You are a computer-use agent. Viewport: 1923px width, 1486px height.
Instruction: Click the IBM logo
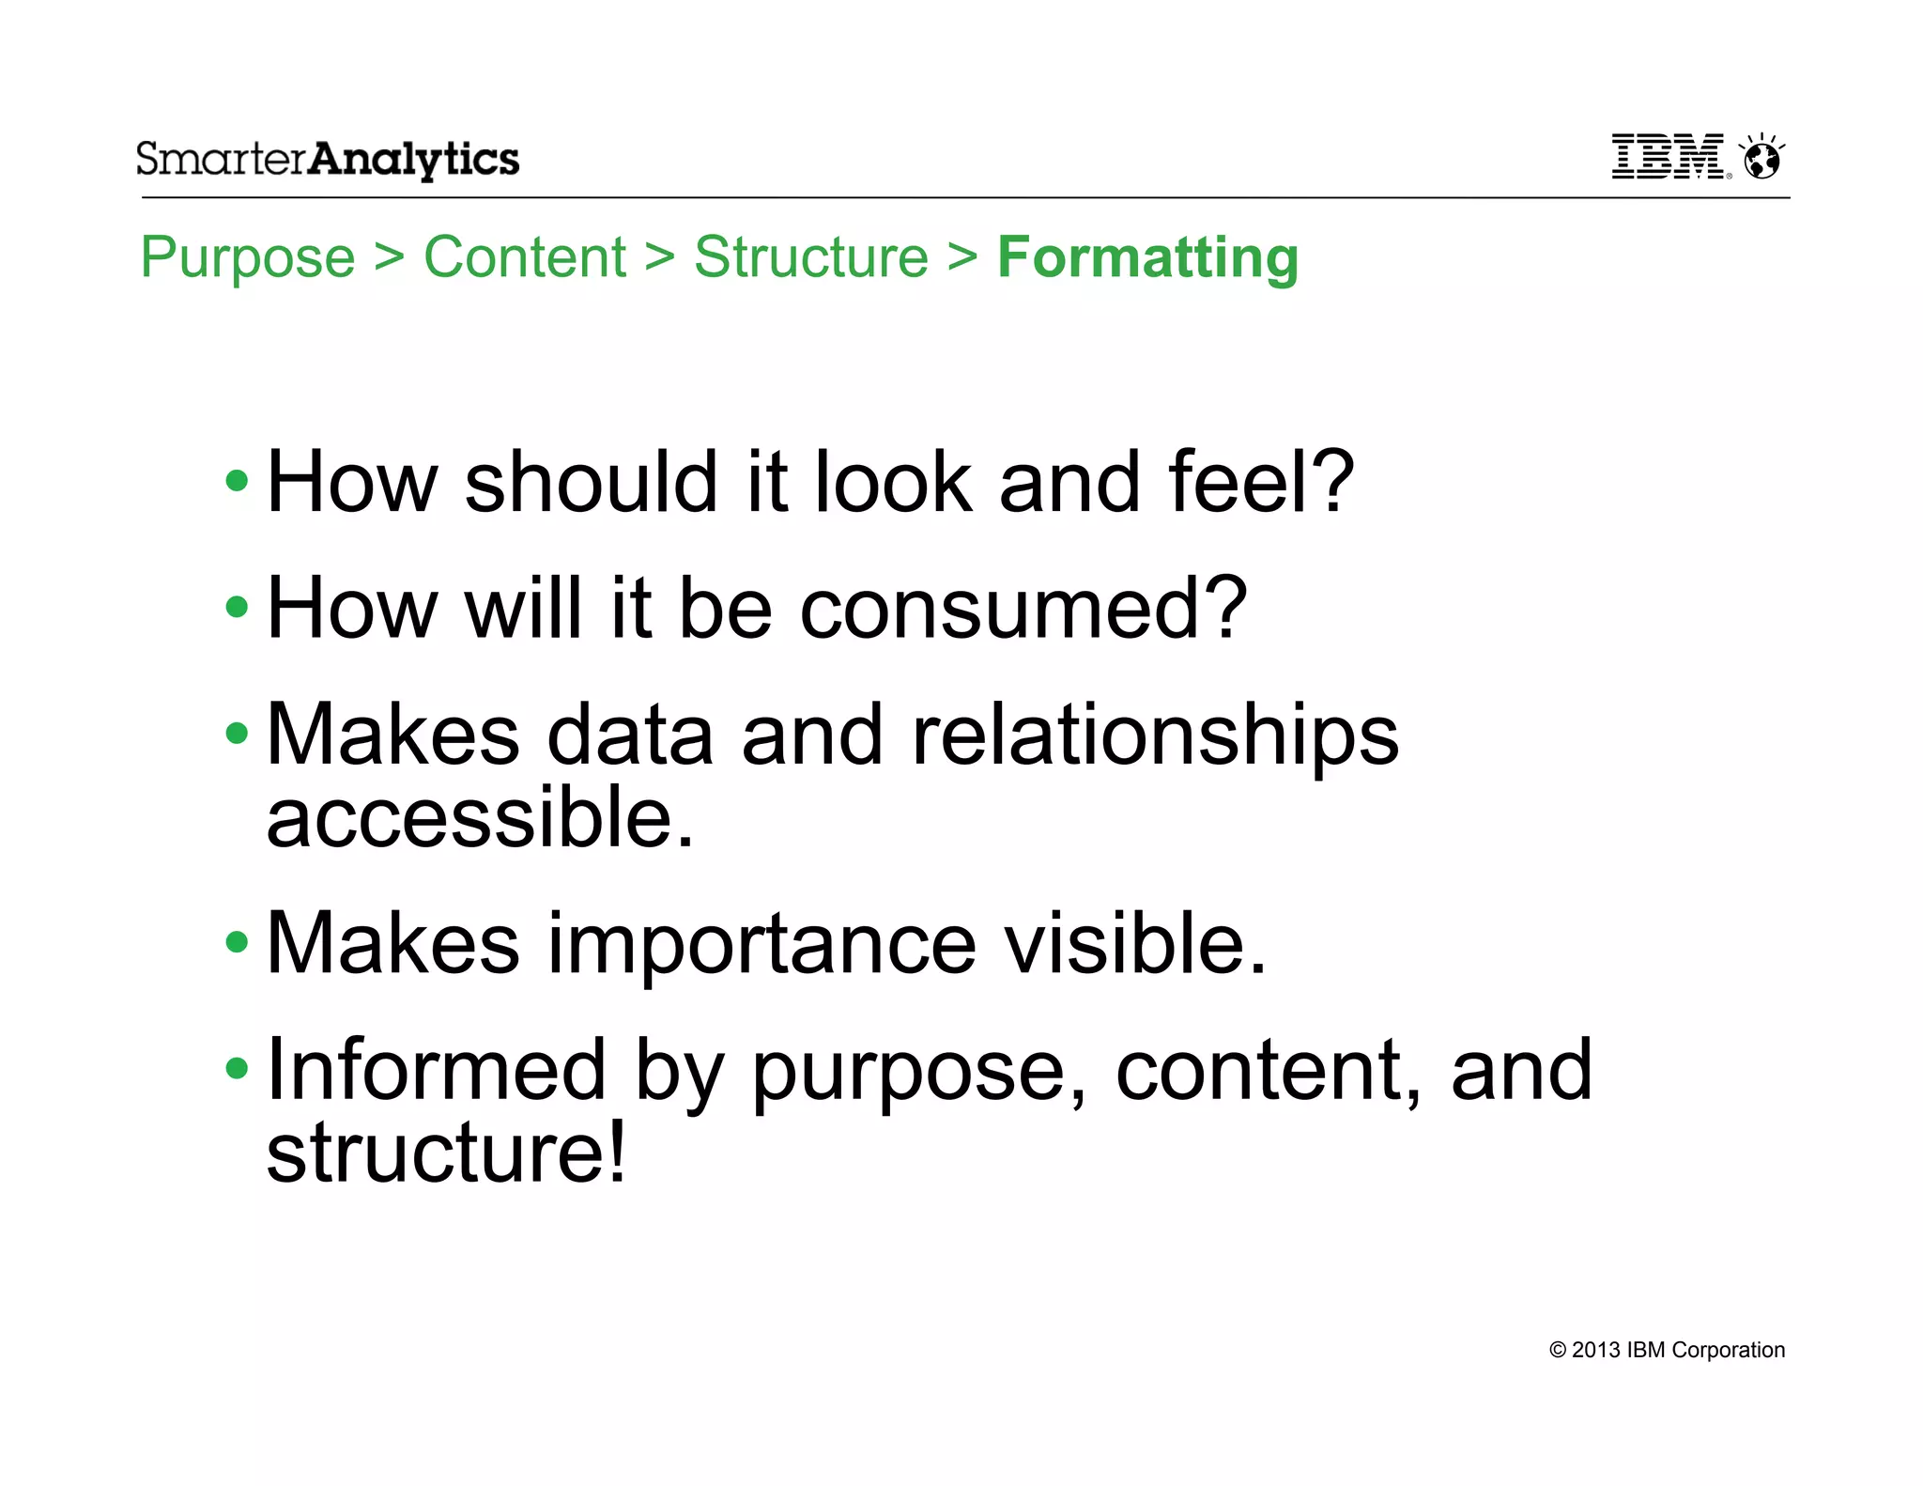coord(1668,157)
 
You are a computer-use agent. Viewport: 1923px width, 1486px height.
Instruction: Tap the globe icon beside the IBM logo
coord(1761,158)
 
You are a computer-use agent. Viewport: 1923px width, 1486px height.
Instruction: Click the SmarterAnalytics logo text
coord(328,160)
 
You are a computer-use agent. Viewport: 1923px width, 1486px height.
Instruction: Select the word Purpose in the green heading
coord(248,257)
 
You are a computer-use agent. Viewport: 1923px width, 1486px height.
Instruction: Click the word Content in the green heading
coord(525,257)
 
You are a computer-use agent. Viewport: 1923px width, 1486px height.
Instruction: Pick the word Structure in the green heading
coord(811,257)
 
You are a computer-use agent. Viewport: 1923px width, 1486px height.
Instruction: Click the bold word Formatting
coord(1147,257)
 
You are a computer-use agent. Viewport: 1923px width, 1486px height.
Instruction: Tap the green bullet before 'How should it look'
coord(238,482)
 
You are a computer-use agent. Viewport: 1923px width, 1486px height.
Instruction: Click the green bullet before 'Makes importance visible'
coord(238,942)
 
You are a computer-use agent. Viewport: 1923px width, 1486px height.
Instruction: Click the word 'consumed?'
coord(1023,609)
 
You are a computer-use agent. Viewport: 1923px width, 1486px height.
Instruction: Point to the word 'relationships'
coord(1155,735)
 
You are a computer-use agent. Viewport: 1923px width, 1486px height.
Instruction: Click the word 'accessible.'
coord(480,817)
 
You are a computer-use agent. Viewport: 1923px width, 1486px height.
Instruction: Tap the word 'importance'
coord(762,943)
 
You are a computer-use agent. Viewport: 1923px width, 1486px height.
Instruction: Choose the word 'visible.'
coord(1135,943)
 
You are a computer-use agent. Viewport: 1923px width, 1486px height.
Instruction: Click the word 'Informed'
coord(437,1070)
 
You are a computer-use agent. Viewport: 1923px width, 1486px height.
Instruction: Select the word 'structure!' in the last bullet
coord(446,1153)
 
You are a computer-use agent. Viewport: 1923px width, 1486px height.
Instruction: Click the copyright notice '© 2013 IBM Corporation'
coord(1667,1350)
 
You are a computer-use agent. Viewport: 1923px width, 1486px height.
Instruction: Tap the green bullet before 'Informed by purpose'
coord(238,1068)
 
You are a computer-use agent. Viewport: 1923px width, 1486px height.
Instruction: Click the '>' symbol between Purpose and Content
coord(390,257)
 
